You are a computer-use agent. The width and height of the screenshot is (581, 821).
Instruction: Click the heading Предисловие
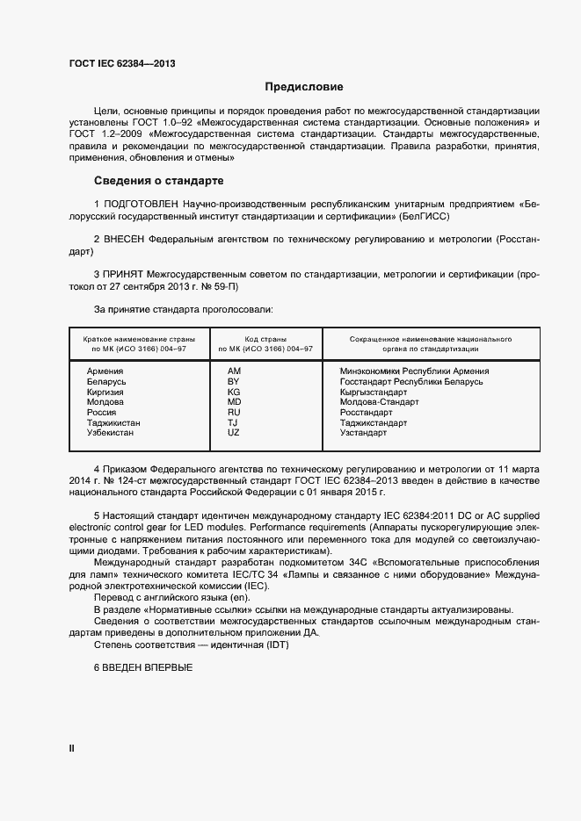(x=305, y=87)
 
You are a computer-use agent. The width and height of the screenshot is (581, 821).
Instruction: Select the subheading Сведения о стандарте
(x=159, y=181)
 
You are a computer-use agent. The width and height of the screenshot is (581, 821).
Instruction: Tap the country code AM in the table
(x=234, y=371)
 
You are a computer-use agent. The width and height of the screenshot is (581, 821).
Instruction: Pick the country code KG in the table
(x=234, y=392)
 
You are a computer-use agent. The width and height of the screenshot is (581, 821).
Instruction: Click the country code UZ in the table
(x=234, y=433)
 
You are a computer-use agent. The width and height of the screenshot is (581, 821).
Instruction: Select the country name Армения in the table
(x=105, y=371)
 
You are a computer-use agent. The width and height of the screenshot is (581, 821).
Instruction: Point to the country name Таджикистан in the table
(x=113, y=422)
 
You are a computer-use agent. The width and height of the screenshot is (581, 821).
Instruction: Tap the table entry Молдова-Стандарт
(x=379, y=402)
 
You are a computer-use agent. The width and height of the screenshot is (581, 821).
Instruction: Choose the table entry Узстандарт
(x=363, y=433)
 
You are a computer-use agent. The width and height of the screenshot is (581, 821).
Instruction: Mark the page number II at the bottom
(x=72, y=748)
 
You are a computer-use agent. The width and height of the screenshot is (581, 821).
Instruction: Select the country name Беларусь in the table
(x=106, y=381)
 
